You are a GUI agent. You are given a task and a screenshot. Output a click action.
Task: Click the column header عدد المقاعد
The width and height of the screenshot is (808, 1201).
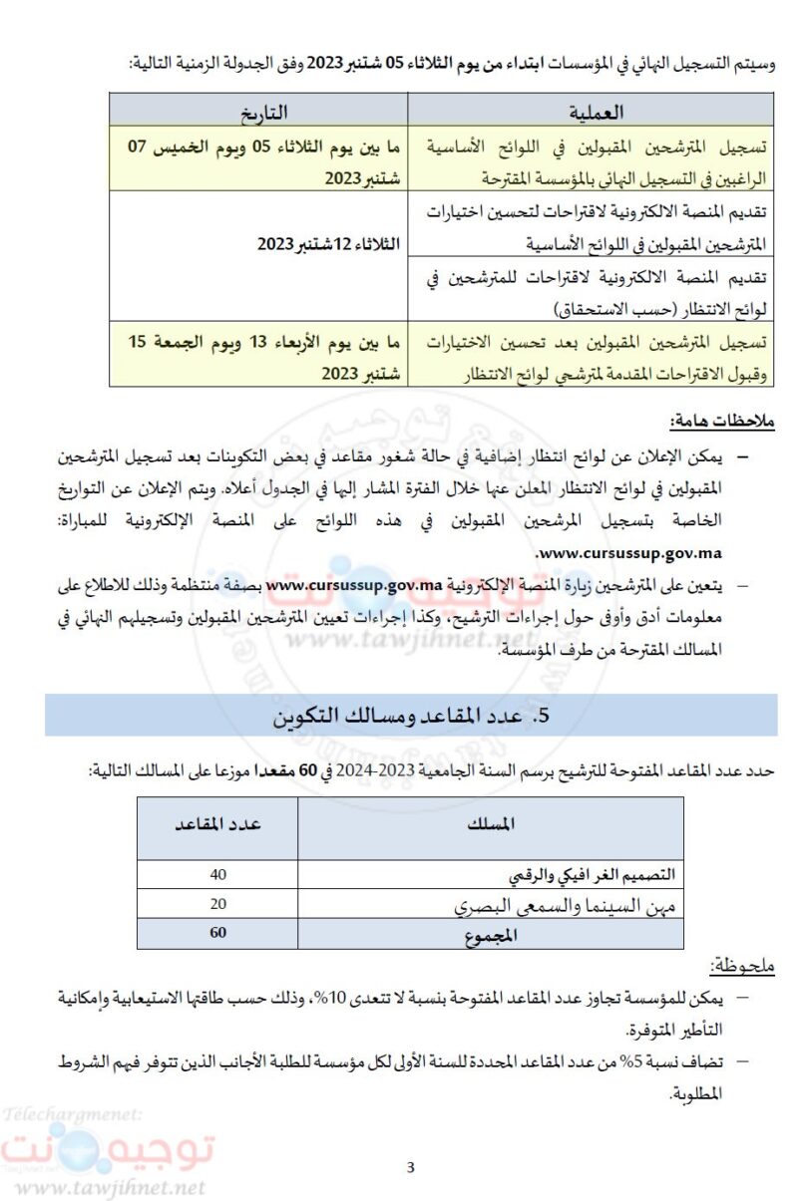click(x=218, y=825)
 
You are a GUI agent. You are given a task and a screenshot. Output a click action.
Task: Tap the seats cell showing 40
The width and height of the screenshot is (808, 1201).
click(x=218, y=874)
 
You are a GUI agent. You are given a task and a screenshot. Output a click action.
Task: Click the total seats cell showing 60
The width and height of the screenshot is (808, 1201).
click(x=218, y=933)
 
